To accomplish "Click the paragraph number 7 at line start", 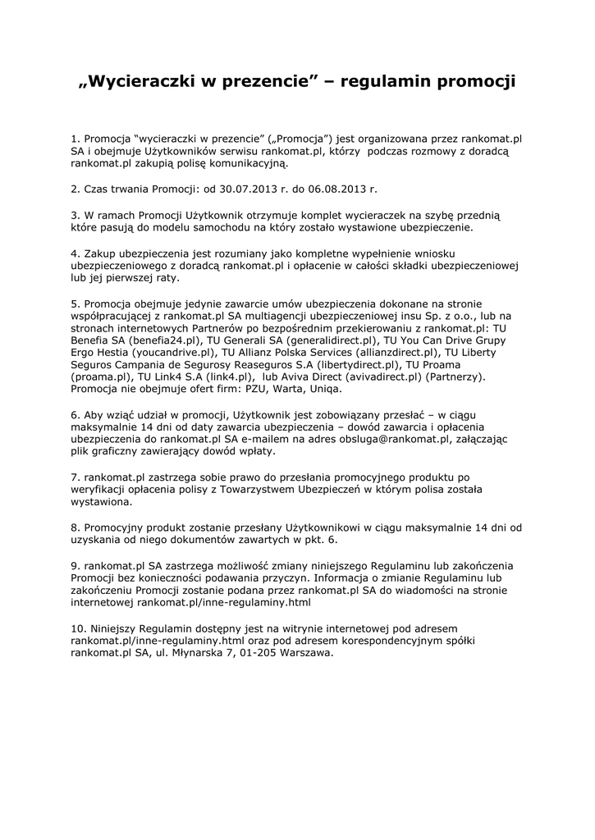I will tap(75, 477).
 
